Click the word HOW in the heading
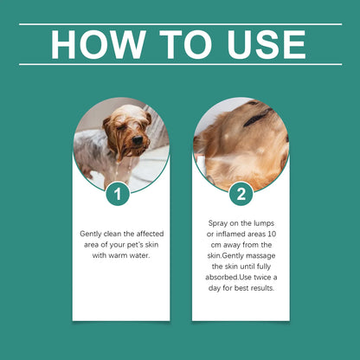click(x=94, y=44)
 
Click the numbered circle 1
click(x=120, y=194)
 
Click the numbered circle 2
click(x=241, y=194)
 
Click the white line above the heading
click(x=180, y=24)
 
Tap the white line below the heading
click(x=180, y=64)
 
